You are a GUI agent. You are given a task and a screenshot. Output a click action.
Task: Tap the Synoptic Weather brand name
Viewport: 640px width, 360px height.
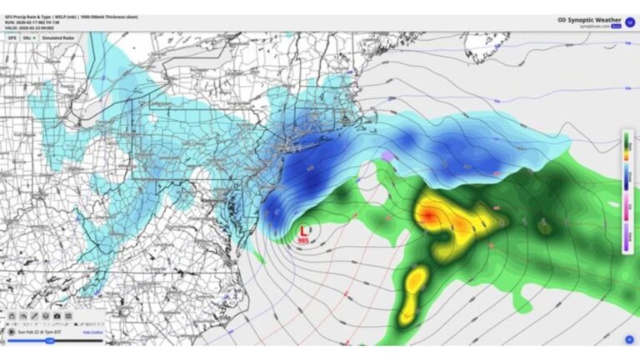[x=595, y=20]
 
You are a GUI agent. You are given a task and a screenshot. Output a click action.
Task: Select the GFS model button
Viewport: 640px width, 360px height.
[x=12, y=37]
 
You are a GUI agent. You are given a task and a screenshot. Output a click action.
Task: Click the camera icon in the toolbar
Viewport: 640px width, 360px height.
[x=57, y=317]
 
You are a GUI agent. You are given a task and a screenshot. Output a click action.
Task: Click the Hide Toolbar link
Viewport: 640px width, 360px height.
[x=92, y=331]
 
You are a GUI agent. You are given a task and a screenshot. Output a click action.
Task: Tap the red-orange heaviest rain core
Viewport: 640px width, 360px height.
[x=426, y=215]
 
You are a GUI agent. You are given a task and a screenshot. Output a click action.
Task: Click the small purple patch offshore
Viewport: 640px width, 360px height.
[x=387, y=156]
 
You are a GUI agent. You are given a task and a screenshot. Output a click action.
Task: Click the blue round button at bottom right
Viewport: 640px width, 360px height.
[x=629, y=339]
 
